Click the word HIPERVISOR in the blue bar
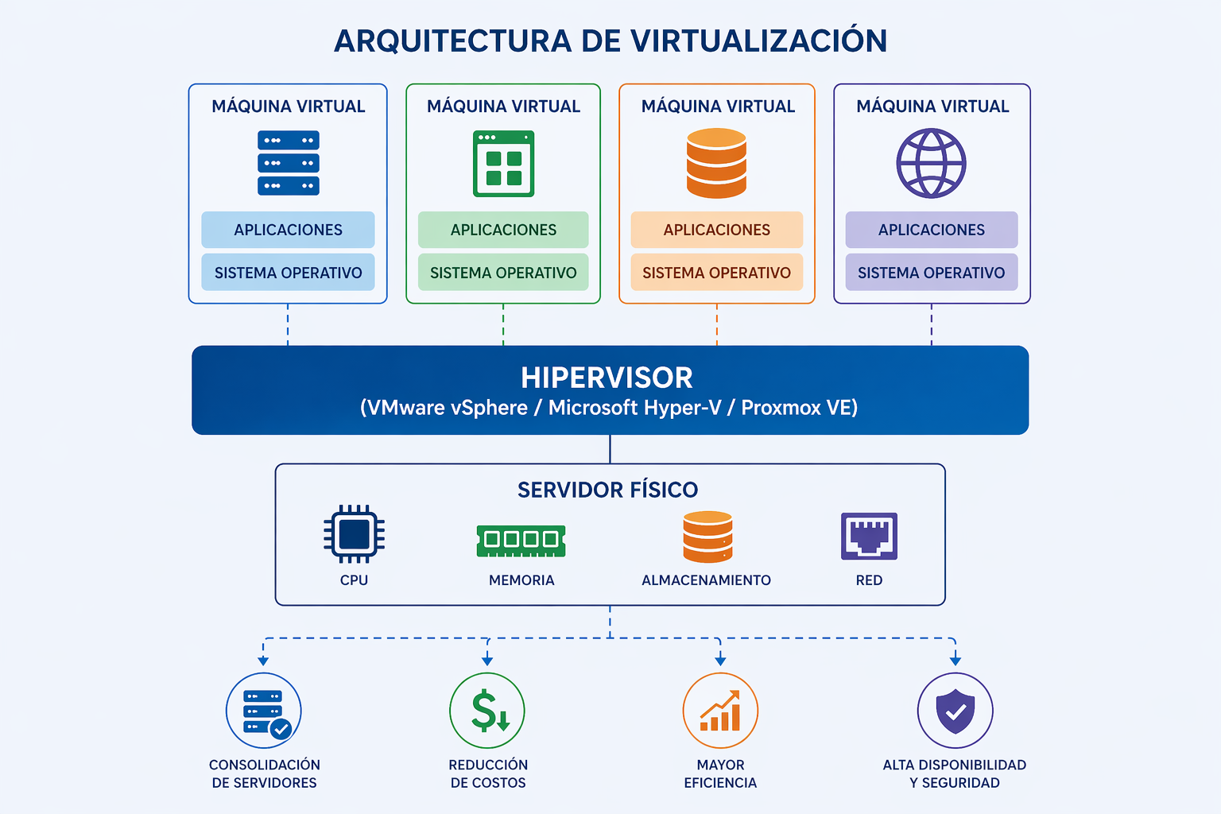[x=607, y=378]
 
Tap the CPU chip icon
[x=355, y=533]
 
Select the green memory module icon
[x=521, y=541]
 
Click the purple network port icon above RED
[x=869, y=536]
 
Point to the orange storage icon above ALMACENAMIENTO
[x=707, y=537]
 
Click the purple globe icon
[x=931, y=163]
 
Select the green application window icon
[x=504, y=164]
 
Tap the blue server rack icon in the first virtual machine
[x=289, y=163]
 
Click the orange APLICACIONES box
[x=717, y=230]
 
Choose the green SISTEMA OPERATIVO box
[x=503, y=272]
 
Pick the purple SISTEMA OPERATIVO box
[x=932, y=272]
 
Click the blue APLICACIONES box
[x=288, y=230]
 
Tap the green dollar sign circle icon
[x=487, y=711]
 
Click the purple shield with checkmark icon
[x=955, y=711]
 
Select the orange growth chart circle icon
[x=721, y=711]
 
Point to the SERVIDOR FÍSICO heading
[x=608, y=490]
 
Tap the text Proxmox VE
[x=799, y=408]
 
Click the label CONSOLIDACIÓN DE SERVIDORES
[x=265, y=773]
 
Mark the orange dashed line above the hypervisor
[x=717, y=324]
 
